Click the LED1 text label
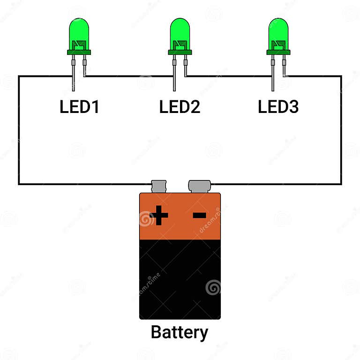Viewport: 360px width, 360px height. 79,107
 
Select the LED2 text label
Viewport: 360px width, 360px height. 180,107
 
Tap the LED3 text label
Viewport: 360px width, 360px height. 278,107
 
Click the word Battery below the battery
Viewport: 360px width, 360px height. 180,332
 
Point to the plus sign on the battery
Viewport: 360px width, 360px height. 159,216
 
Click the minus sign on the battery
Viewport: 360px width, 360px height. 200,216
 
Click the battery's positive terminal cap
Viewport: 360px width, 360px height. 158,186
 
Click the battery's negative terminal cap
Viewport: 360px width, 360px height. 200,186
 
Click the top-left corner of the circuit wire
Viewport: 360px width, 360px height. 19,76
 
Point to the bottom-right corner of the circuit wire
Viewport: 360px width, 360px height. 341,184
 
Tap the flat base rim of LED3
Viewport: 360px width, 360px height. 278,52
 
